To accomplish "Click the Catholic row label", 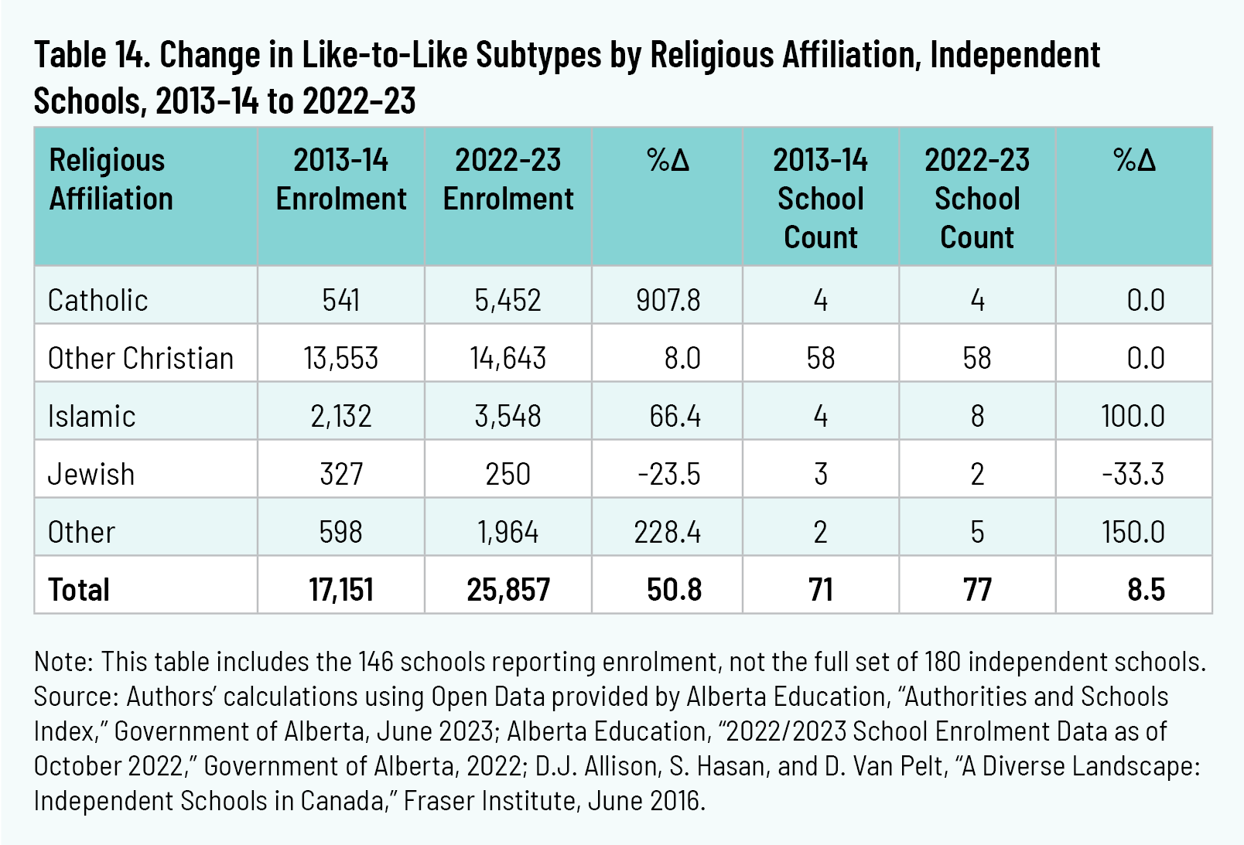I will (x=97, y=300).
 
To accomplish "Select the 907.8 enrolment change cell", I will (x=668, y=300).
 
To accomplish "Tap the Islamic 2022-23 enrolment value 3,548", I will (x=508, y=416).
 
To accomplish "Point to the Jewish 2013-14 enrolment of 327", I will (x=341, y=474).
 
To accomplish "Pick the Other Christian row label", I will (x=140, y=358).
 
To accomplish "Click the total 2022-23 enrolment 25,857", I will (x=508, y=590).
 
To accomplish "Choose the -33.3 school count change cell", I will (x=1133, y=474).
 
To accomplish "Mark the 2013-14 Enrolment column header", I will (x=341, y=179).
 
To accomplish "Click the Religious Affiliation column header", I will (x=111, y=179).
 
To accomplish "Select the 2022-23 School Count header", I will (x=977, y=199).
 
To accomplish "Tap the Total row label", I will (x=79, y=590).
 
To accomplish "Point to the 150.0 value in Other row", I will (x=1133, y=532).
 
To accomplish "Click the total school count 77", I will (x=977, y=590).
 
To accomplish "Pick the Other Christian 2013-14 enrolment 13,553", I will (x=341, y=358).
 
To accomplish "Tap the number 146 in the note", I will (x=375, y=662).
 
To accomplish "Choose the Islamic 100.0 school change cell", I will (x=1133, y=416).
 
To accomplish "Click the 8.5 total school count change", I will (x=1146, y=590).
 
